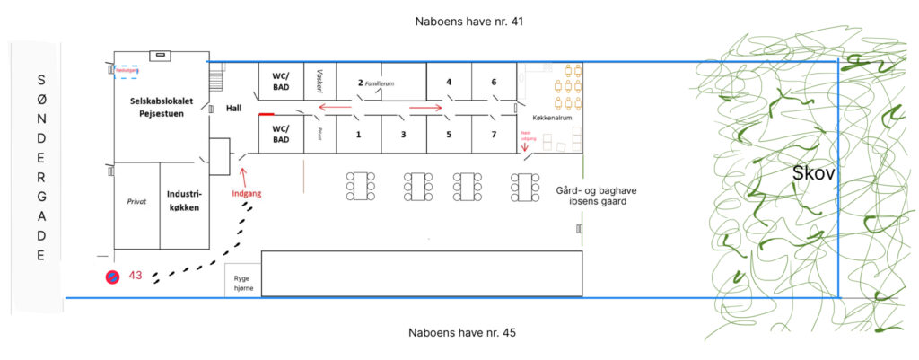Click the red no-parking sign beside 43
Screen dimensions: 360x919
(x=111, y=277)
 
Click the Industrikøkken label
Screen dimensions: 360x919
(x=182, y=200)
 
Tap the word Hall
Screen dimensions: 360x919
(x=233, y=108)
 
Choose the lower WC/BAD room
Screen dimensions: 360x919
(x=281, y=135)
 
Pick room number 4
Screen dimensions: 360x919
(x=448, y=83)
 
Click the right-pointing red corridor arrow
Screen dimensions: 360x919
(x=426, y=108)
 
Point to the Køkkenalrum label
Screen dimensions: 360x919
(x=552, y=117)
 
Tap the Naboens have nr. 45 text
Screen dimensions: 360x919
(x=459, y=333)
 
